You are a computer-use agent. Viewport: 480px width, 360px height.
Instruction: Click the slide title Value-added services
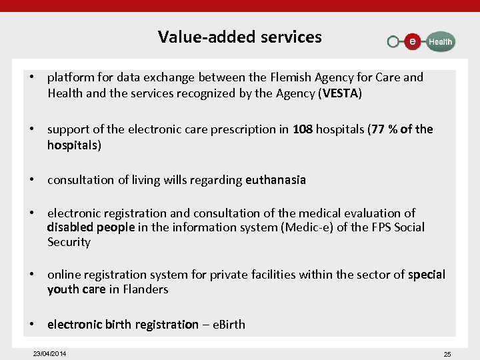[x=239, y=37]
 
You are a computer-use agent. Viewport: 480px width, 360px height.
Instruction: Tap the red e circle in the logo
[x=413, y=41]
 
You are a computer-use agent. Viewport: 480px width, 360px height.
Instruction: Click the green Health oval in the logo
[x=439, y=41]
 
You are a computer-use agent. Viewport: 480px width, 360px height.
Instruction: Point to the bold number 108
[x=302, y=129]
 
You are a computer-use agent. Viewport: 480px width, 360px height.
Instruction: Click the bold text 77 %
[x=385, y=129]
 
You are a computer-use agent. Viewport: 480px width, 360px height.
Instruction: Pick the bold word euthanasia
[x=275, y=179]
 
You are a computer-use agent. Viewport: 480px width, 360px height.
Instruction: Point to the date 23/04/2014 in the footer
[x=50, y=353]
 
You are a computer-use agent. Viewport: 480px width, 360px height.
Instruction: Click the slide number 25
[x=447, y=354]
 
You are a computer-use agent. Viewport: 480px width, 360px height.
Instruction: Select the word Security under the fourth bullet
[x=69, y=242]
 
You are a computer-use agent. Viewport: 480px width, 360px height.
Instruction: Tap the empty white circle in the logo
[x=393, y=42]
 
